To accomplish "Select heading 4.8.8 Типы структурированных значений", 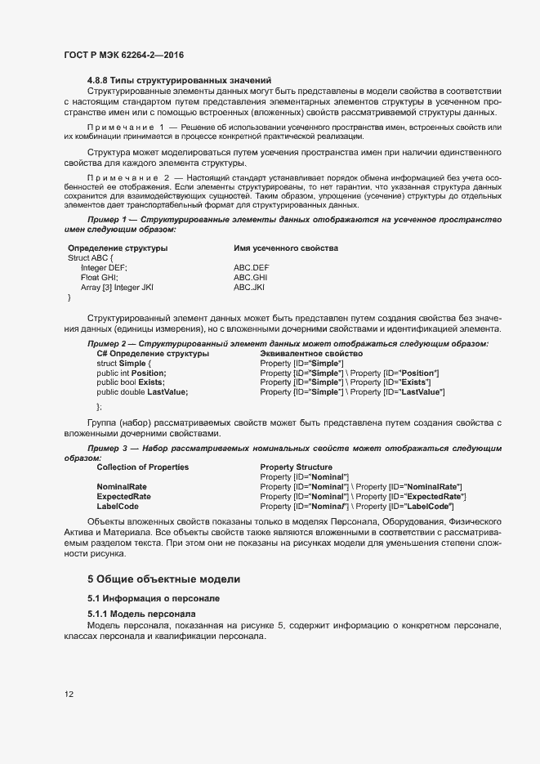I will (179, 80).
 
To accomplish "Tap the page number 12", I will (69, 695).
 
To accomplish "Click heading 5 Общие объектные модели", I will (164, 579).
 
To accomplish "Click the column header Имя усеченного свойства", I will (286, 248).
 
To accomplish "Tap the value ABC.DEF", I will (251, 268).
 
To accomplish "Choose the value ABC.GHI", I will (251, 278).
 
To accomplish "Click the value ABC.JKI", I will (250, 288).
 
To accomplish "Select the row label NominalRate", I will (122, 487).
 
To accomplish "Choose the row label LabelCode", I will (118, 507).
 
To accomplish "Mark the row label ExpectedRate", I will (123, 497).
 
